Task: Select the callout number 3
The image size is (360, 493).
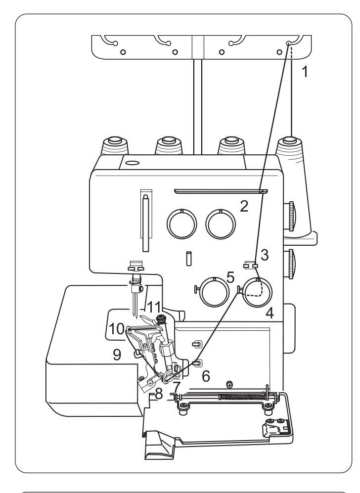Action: [265, 255]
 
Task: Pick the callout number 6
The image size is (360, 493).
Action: [206, 376]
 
